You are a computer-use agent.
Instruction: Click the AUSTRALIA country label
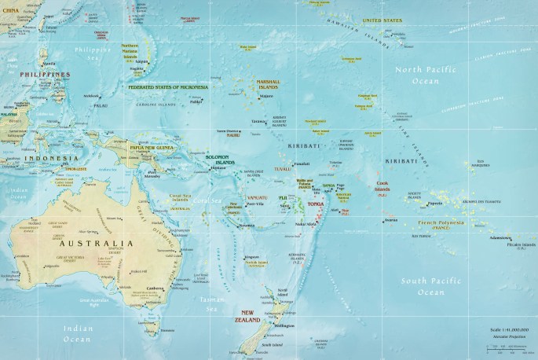pos(87,244)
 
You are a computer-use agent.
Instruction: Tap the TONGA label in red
pos(315,204)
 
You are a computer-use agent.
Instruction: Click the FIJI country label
pos(283,197)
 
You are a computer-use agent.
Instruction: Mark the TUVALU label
pos(283,169)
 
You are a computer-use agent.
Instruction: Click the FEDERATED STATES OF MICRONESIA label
pos(169,87)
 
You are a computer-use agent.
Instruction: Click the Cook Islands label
pos(382,186)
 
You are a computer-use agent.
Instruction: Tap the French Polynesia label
pos(441,223)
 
